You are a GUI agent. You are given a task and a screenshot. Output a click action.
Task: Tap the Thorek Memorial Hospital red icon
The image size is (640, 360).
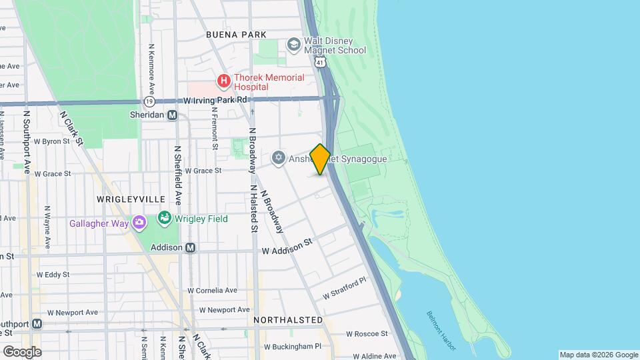click(224, 82)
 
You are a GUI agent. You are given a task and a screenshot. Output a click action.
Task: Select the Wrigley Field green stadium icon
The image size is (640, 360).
click(164, 218)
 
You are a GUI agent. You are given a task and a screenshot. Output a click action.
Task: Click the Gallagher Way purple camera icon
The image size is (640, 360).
click(139, 223)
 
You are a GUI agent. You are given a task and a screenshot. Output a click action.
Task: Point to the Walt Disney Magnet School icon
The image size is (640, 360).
click(293, 44)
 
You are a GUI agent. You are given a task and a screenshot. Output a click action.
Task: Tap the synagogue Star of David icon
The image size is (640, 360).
click(279, 158)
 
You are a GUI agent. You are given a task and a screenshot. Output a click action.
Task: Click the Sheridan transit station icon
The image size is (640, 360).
click(172, 115)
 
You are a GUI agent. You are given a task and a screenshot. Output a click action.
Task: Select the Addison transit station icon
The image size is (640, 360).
click(190, 247)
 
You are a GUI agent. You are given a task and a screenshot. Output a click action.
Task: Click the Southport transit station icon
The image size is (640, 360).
click(37, 324)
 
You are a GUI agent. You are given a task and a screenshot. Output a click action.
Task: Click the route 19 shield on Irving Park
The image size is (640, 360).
click(150, 101)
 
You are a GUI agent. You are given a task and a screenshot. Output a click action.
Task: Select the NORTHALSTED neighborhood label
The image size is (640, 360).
click(288, 320)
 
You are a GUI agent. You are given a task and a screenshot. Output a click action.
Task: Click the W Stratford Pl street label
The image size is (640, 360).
click(345, 289)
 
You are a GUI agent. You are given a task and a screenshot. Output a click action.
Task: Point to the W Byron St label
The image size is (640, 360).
click(51, 141)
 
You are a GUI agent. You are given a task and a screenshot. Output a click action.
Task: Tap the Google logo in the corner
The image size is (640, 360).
click(22, 351)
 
